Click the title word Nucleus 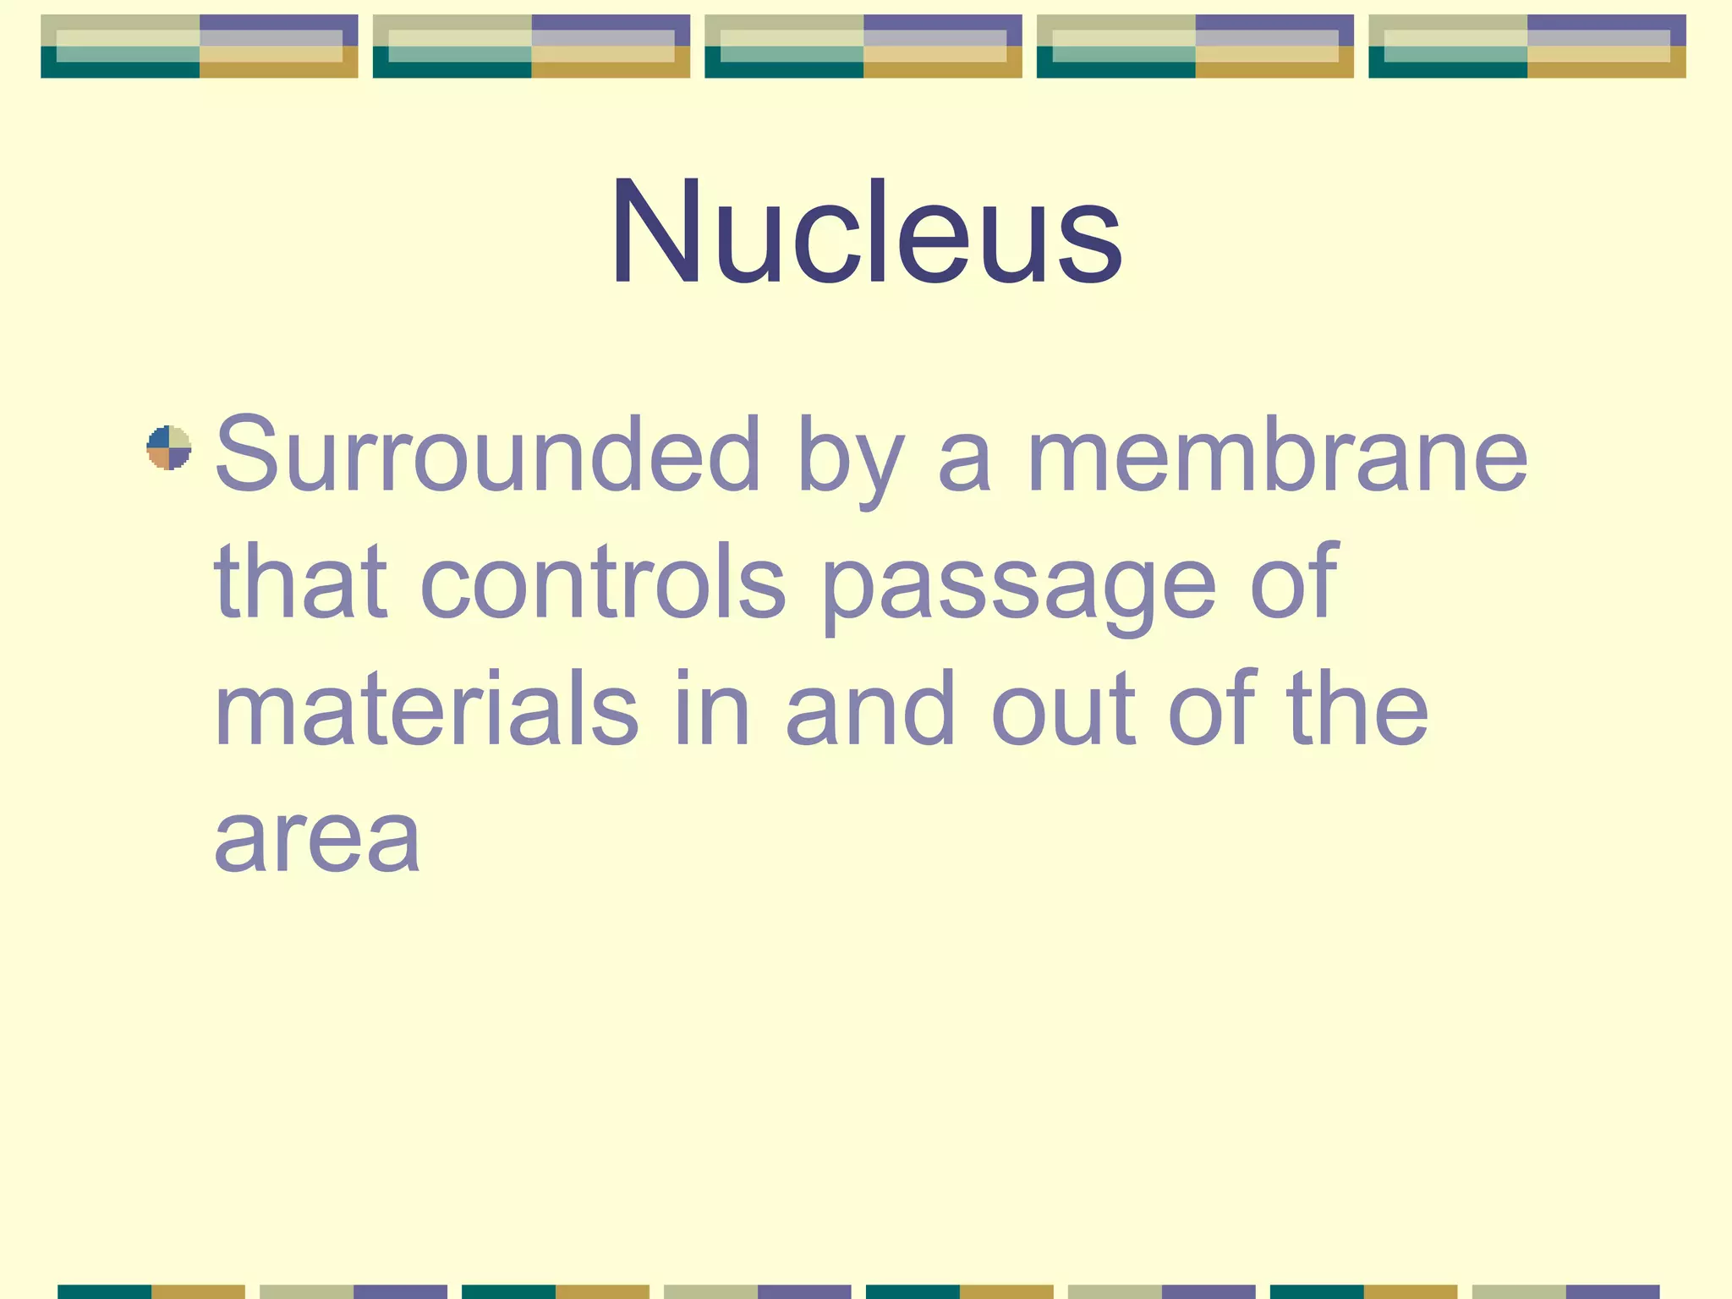click(866, 232)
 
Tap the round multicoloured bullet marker click(169, 447)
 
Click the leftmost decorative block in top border click(200, 47)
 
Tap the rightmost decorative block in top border click(1526, 47)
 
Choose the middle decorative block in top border click(863, 47)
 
